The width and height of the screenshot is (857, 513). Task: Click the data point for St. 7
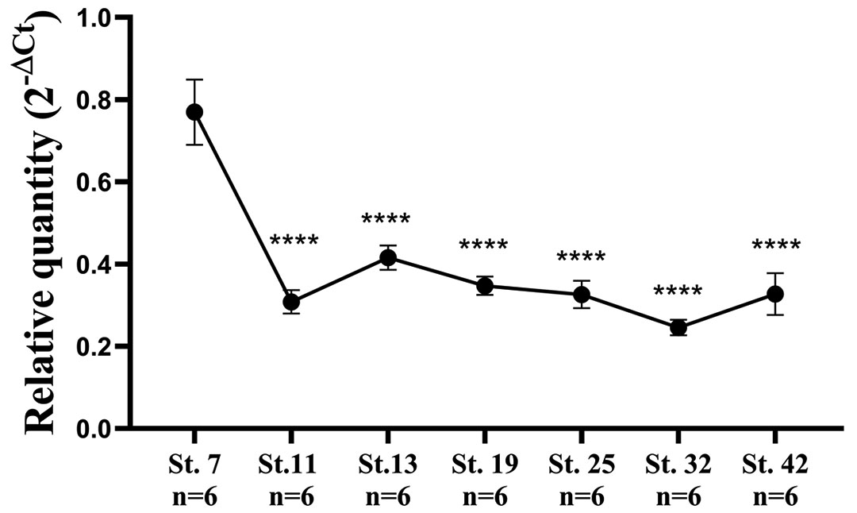coord(194,112)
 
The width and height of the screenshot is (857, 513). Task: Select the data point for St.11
coord(291,302)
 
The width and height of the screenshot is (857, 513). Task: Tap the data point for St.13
coord(388,257)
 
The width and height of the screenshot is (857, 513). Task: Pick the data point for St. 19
coord(484,286)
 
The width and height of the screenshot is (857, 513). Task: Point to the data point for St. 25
coord(582,295)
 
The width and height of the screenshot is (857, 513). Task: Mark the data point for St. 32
coord(678,328)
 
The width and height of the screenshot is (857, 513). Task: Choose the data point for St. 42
coord(774,294)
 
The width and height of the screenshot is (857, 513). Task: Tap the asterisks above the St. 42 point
coord(776,247)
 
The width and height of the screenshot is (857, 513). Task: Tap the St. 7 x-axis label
coord(194,466)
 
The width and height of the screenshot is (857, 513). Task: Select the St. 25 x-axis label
coord(582,466)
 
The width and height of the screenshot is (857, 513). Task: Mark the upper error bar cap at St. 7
coord(194,79)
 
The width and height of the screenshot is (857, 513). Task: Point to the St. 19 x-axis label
coord(484,466)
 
